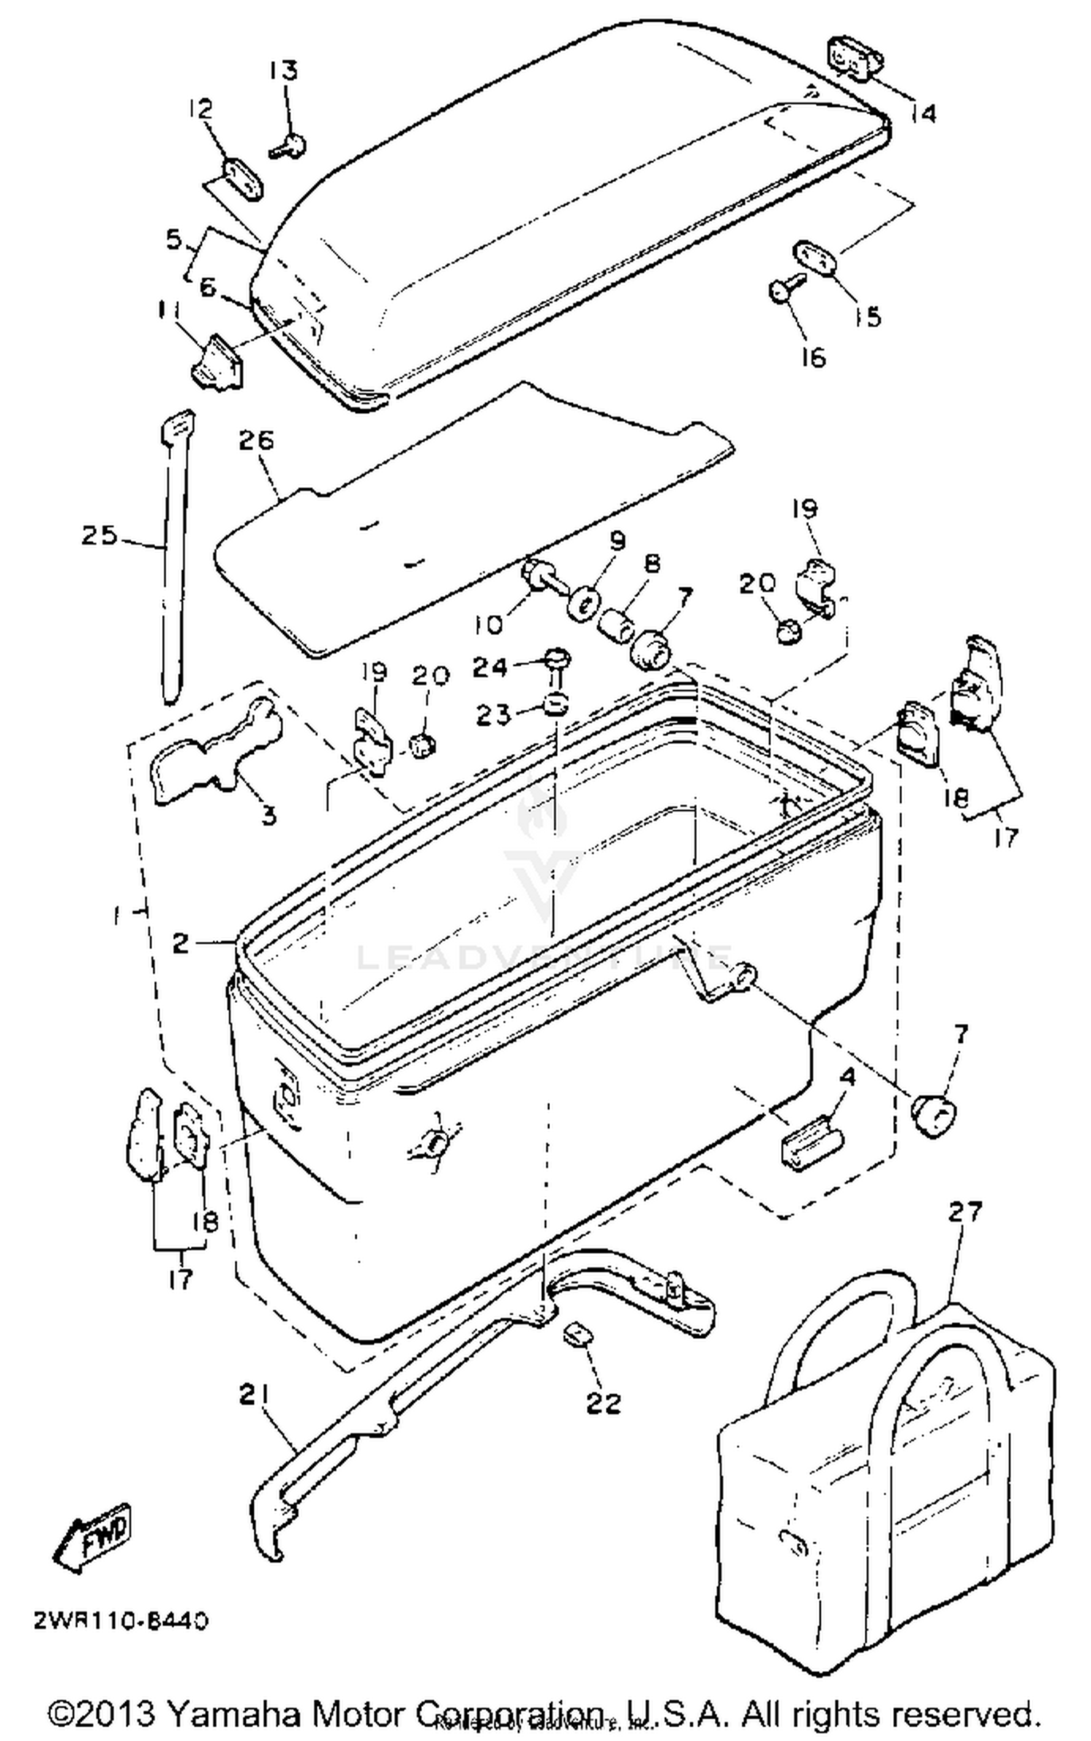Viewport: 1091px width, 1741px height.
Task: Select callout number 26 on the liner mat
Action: (x=256, y=440)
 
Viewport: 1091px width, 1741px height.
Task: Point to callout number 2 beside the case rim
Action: (x=181, y=943)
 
